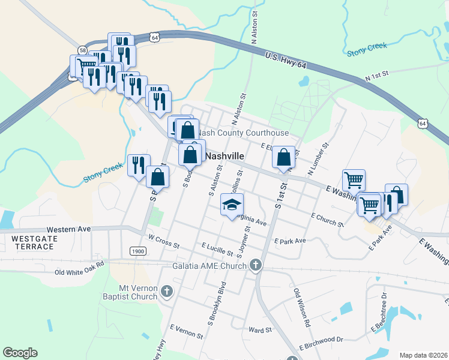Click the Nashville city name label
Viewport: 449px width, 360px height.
(x=224, y=155)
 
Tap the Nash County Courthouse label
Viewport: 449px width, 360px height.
(x=244, y=133)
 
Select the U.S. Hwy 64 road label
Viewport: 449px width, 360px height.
(x=292, y=63)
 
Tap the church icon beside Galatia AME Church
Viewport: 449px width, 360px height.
(x=256, y=265)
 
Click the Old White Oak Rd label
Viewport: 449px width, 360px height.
(x=79, y=267)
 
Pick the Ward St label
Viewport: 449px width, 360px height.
(x=260, y=329)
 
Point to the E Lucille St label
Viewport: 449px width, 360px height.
(x=217, y=247)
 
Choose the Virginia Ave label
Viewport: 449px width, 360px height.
(x=251, y=220)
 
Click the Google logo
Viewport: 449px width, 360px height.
(x=20, y=353)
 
